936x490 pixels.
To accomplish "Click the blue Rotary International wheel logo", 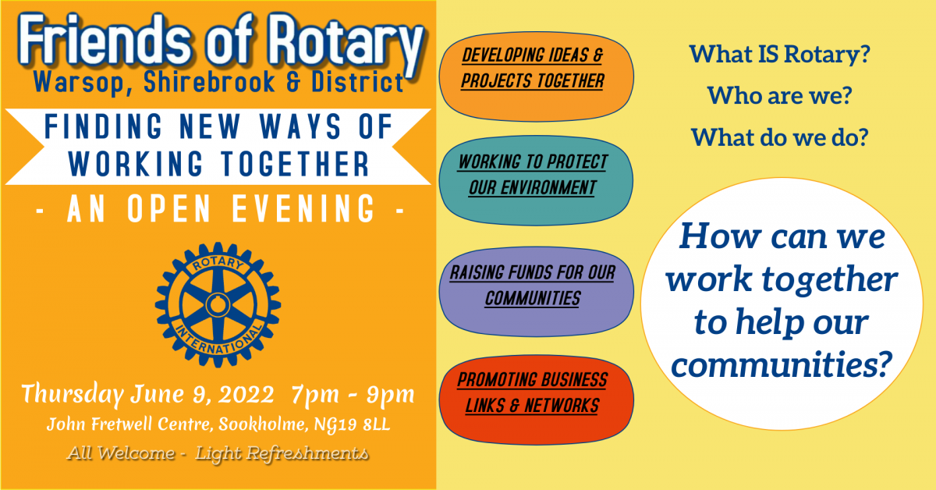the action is (x=218, y=305).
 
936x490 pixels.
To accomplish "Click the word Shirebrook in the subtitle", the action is (x=209, y=82).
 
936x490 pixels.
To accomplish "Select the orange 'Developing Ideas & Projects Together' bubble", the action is (x=536, y=76).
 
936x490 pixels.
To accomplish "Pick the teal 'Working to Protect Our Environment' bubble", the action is (x=536, y=180).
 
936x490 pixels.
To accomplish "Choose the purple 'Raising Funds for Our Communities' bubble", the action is (x=536, y=292).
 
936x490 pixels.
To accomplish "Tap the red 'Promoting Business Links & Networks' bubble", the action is (x=536, y=399).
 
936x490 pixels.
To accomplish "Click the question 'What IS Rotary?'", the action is (x=780, y=55).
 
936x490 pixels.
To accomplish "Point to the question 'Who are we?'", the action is (x=780, y=96).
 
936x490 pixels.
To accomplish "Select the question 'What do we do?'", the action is (x=780, y=137).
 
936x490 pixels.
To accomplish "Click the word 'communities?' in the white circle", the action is (x=782, y=364).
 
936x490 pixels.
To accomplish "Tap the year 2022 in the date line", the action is (x=246, y=394).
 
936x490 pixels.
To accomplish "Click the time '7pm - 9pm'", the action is (x=353, y=395).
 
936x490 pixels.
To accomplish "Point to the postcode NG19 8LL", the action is (x=352, y=424).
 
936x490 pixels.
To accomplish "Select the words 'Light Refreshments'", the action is (x=282, y=453).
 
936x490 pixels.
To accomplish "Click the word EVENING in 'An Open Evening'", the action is (x=303, y=208).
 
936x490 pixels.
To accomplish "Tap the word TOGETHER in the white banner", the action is (x=295, y=164).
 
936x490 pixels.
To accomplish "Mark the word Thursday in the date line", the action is (x=73, y=395).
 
